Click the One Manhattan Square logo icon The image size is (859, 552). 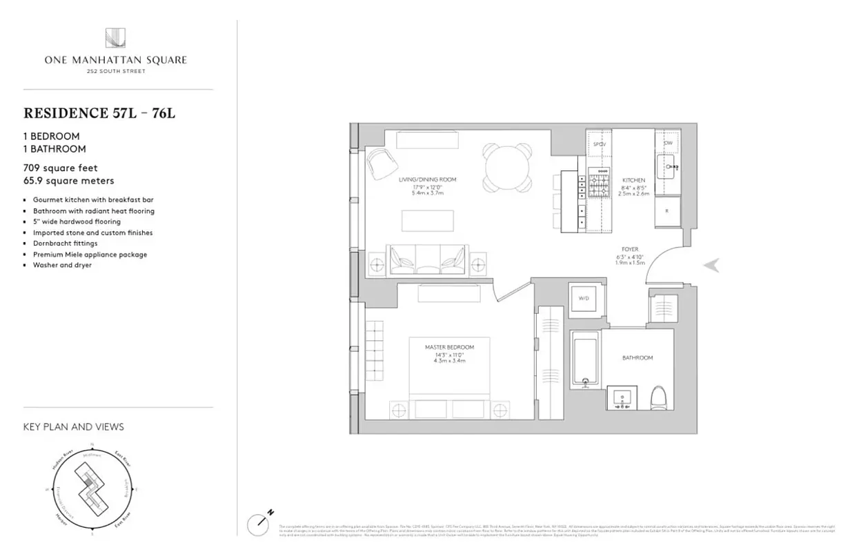[x=115, y=38]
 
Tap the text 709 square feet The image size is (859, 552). [x=61, y=168]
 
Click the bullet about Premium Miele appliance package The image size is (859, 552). [x=90, y=255]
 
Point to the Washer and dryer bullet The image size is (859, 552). [x=62, y=265]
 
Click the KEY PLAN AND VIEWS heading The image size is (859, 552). [x=74, y=426]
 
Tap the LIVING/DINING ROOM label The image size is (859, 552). [x=427, y=180]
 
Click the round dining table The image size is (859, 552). [x=508, y=166]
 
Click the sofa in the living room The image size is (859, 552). [x=427, y=261]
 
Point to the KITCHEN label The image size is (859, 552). [x=633, y=180]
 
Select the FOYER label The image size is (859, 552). [x=629, y=249]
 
